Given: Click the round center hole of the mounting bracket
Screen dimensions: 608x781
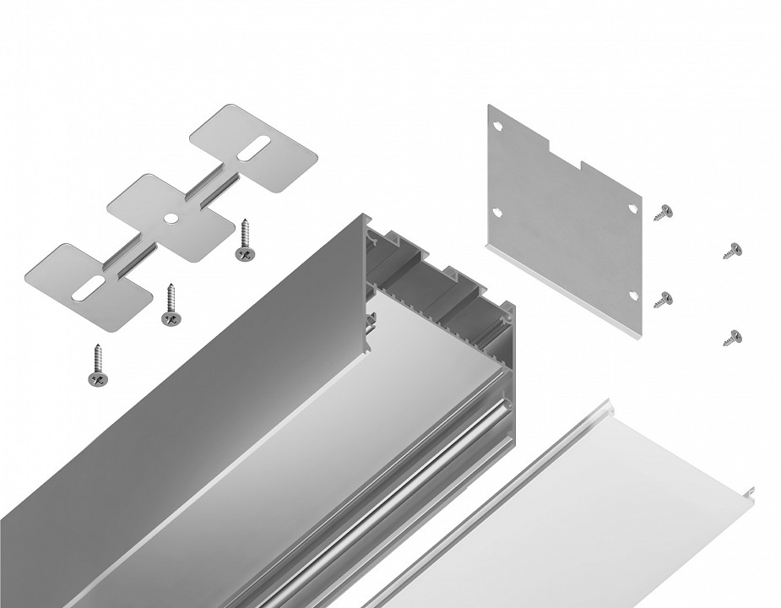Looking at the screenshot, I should click(x=171, y=218).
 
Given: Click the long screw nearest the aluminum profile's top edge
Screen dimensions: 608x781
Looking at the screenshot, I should click(x=246, y=240).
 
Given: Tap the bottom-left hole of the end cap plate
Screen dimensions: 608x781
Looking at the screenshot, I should click(x=497, y=213).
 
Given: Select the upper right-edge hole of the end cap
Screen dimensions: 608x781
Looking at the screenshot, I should click(x=633, y=207).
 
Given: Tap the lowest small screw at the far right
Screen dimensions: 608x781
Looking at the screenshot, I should click(x=732, y=337).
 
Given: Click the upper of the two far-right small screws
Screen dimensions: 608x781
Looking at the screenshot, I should click(x=732, y=250).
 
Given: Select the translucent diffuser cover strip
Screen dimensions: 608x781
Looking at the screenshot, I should click(x=591, y=507).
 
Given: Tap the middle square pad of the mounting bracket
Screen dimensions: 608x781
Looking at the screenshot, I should click(x=171, y=218).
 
